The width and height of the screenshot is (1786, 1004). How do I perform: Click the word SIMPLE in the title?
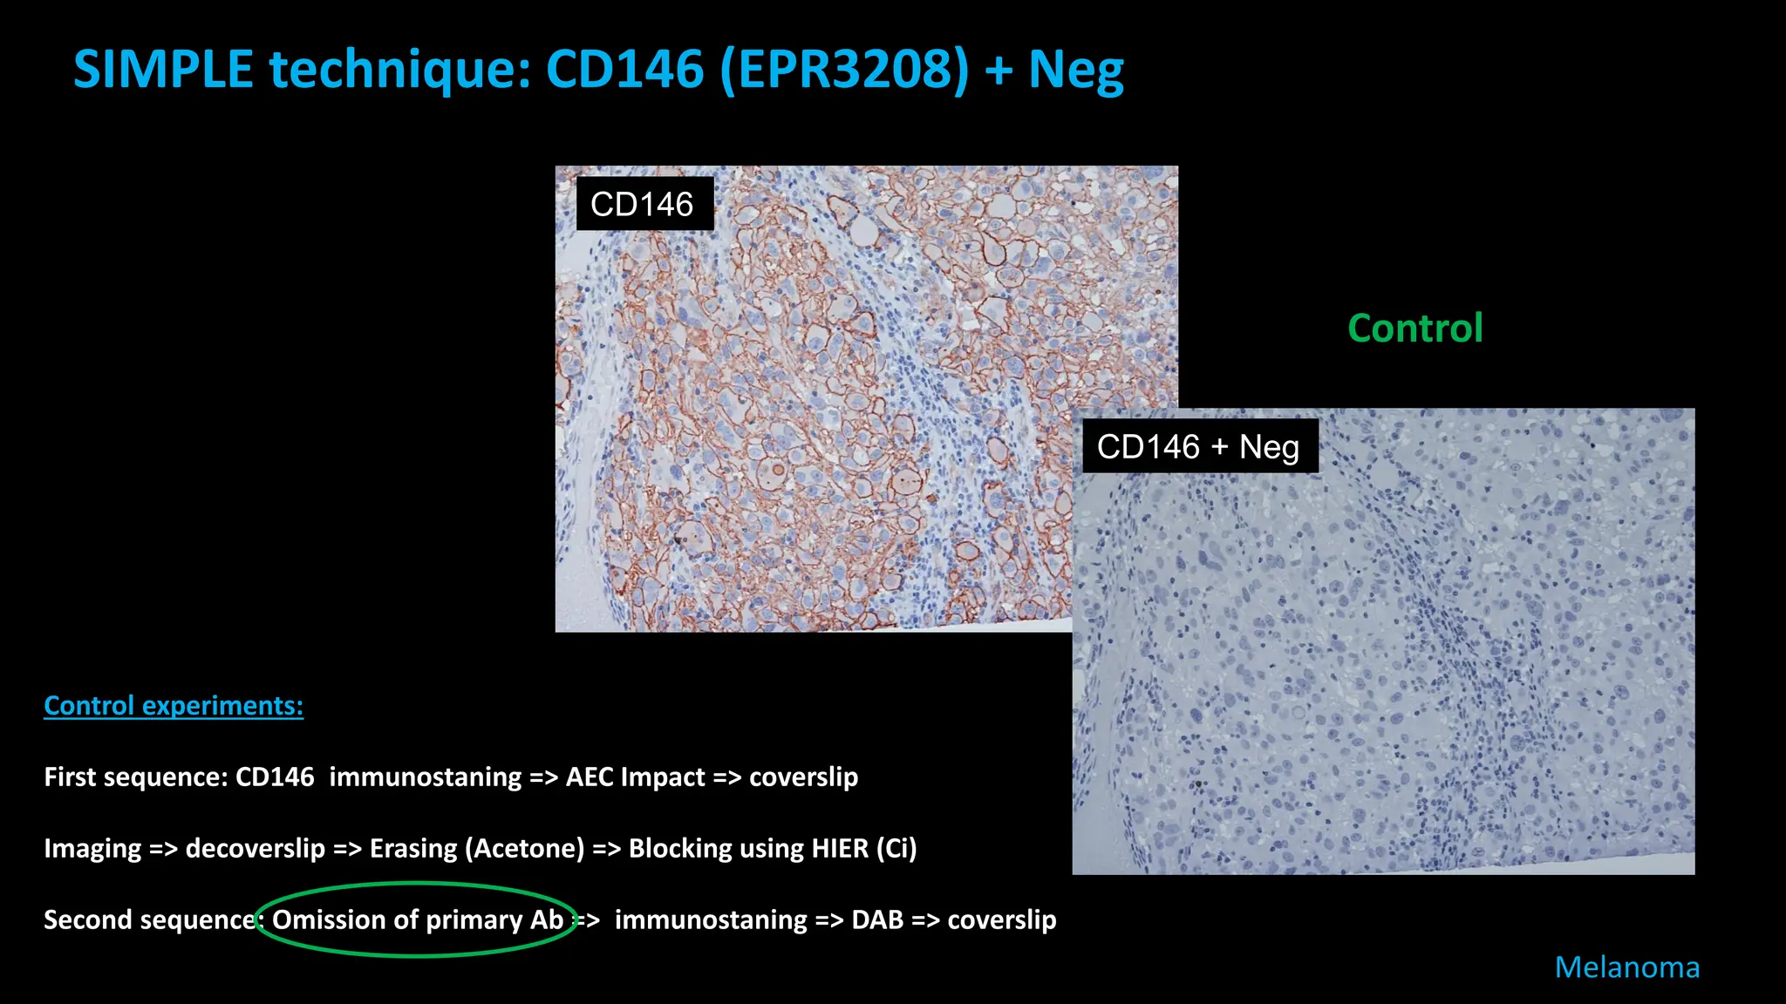163,70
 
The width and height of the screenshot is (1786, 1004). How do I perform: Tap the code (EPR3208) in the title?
844,70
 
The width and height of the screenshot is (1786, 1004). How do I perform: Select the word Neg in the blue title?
1076,70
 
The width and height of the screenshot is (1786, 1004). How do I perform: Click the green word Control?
1414,329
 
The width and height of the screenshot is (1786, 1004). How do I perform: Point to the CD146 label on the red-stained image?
642,205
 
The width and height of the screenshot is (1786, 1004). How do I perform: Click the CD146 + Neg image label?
1198,447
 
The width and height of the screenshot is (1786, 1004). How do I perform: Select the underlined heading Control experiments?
174,705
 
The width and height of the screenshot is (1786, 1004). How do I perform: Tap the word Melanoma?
1626,967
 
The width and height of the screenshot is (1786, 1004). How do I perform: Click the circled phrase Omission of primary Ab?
418,919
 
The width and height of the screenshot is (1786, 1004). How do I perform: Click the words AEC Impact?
635,777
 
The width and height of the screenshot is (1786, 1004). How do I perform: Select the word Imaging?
92,848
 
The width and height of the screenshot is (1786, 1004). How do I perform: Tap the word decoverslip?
255,848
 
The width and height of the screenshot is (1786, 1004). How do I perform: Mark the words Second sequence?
148,919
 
